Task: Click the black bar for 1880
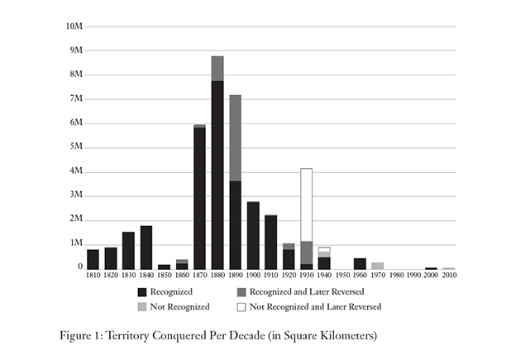[x=217, y=174]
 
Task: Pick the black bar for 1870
[x=199, y=198]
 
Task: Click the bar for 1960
[x=360, y=263]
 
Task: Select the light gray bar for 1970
[x=378, y=266]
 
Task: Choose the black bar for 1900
[x=253, y=235]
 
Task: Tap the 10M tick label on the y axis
[x=74, y=26]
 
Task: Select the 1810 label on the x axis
[x=93, y=276]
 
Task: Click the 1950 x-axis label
[x=341, y=276]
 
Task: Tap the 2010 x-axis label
[x=449, y=276]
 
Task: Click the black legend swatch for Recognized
[x=143, y=291]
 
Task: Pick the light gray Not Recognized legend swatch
[x=143, y=306]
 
